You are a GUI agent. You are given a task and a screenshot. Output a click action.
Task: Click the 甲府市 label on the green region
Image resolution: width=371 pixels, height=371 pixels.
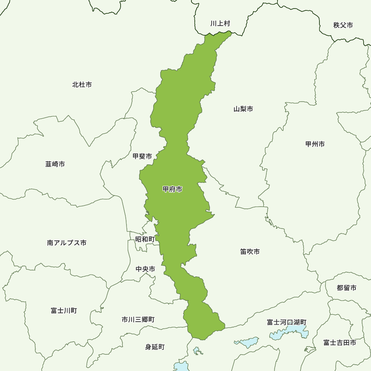pyautogui.click(x=173, y=189)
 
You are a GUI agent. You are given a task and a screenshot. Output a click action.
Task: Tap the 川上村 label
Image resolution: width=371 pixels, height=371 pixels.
pyautogui.click(x=220, y=23)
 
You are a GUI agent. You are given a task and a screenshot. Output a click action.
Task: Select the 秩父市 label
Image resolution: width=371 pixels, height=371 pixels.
pyautogui.click(x=343, y=25)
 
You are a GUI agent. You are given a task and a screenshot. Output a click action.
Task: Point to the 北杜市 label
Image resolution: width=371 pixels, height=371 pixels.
pyautogui.click(x=82, y=85)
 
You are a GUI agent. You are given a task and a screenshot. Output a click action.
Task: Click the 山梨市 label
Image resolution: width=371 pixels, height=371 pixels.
pyautogui.click(x=243, y=109)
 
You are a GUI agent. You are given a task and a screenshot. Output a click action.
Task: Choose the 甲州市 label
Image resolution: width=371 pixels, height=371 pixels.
pyautogui.click(x=315, y=144)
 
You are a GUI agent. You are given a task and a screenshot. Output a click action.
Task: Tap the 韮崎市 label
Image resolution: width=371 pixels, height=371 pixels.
pyautogui.click(x=55, y=164)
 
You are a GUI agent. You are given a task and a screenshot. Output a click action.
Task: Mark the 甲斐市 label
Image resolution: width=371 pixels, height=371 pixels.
pyautogui.click(x=142, y=156)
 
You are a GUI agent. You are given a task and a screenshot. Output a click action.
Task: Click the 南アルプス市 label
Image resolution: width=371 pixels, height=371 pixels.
pyautogui.click(x=67, y=243)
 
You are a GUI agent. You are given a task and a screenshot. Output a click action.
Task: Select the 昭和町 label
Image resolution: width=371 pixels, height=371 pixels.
pyautogui.click(x=145, y=239)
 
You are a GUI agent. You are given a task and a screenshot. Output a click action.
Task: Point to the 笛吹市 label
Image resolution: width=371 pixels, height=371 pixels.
pyautogui.click(x=250, y=252)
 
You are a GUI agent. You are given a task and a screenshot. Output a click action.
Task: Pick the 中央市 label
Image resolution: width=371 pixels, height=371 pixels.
pyautogui.click(x=145, y=269)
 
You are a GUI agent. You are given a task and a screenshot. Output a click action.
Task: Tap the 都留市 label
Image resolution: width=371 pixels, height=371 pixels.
pyautogui.click(x=347, y=288)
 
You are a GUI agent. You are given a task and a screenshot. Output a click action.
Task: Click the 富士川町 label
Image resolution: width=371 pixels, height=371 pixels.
pyautogui.click(x=64, y=311)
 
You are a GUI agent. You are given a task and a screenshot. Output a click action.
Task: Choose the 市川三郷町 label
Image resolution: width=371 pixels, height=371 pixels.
pyautogui.click(x=138, y=319)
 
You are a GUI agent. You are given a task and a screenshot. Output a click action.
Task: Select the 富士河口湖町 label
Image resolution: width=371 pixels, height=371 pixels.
pyautogui.click(x=286, y=322)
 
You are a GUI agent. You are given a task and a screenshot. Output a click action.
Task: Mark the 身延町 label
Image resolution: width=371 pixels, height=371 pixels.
pyautogui.click(x=155, y=347)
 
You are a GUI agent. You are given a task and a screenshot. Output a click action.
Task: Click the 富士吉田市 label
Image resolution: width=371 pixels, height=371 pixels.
pyautogui.click(x=339, y=342)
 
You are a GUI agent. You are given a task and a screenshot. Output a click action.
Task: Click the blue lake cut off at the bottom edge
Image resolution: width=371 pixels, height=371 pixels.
pyautogui.click(x=182, y=367)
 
